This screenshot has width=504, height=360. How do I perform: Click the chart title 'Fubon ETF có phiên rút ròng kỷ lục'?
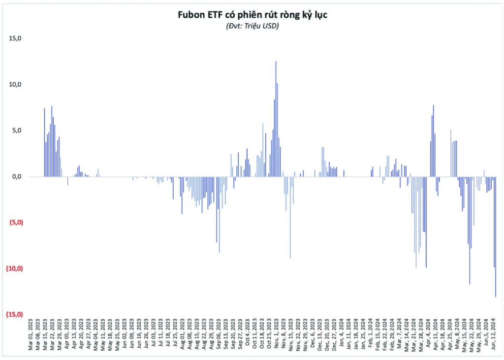coord(252,15)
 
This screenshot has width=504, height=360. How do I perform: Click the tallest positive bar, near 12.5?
coord(276,118)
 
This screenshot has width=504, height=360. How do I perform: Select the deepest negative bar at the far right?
coord(496,236)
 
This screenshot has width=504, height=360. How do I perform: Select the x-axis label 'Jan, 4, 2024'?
coord(342,337)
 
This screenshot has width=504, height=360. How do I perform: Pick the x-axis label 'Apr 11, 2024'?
coord(435,337)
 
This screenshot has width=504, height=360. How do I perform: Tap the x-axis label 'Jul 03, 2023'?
coord(154,336)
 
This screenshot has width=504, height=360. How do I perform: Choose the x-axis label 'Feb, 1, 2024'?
coord(370,337)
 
